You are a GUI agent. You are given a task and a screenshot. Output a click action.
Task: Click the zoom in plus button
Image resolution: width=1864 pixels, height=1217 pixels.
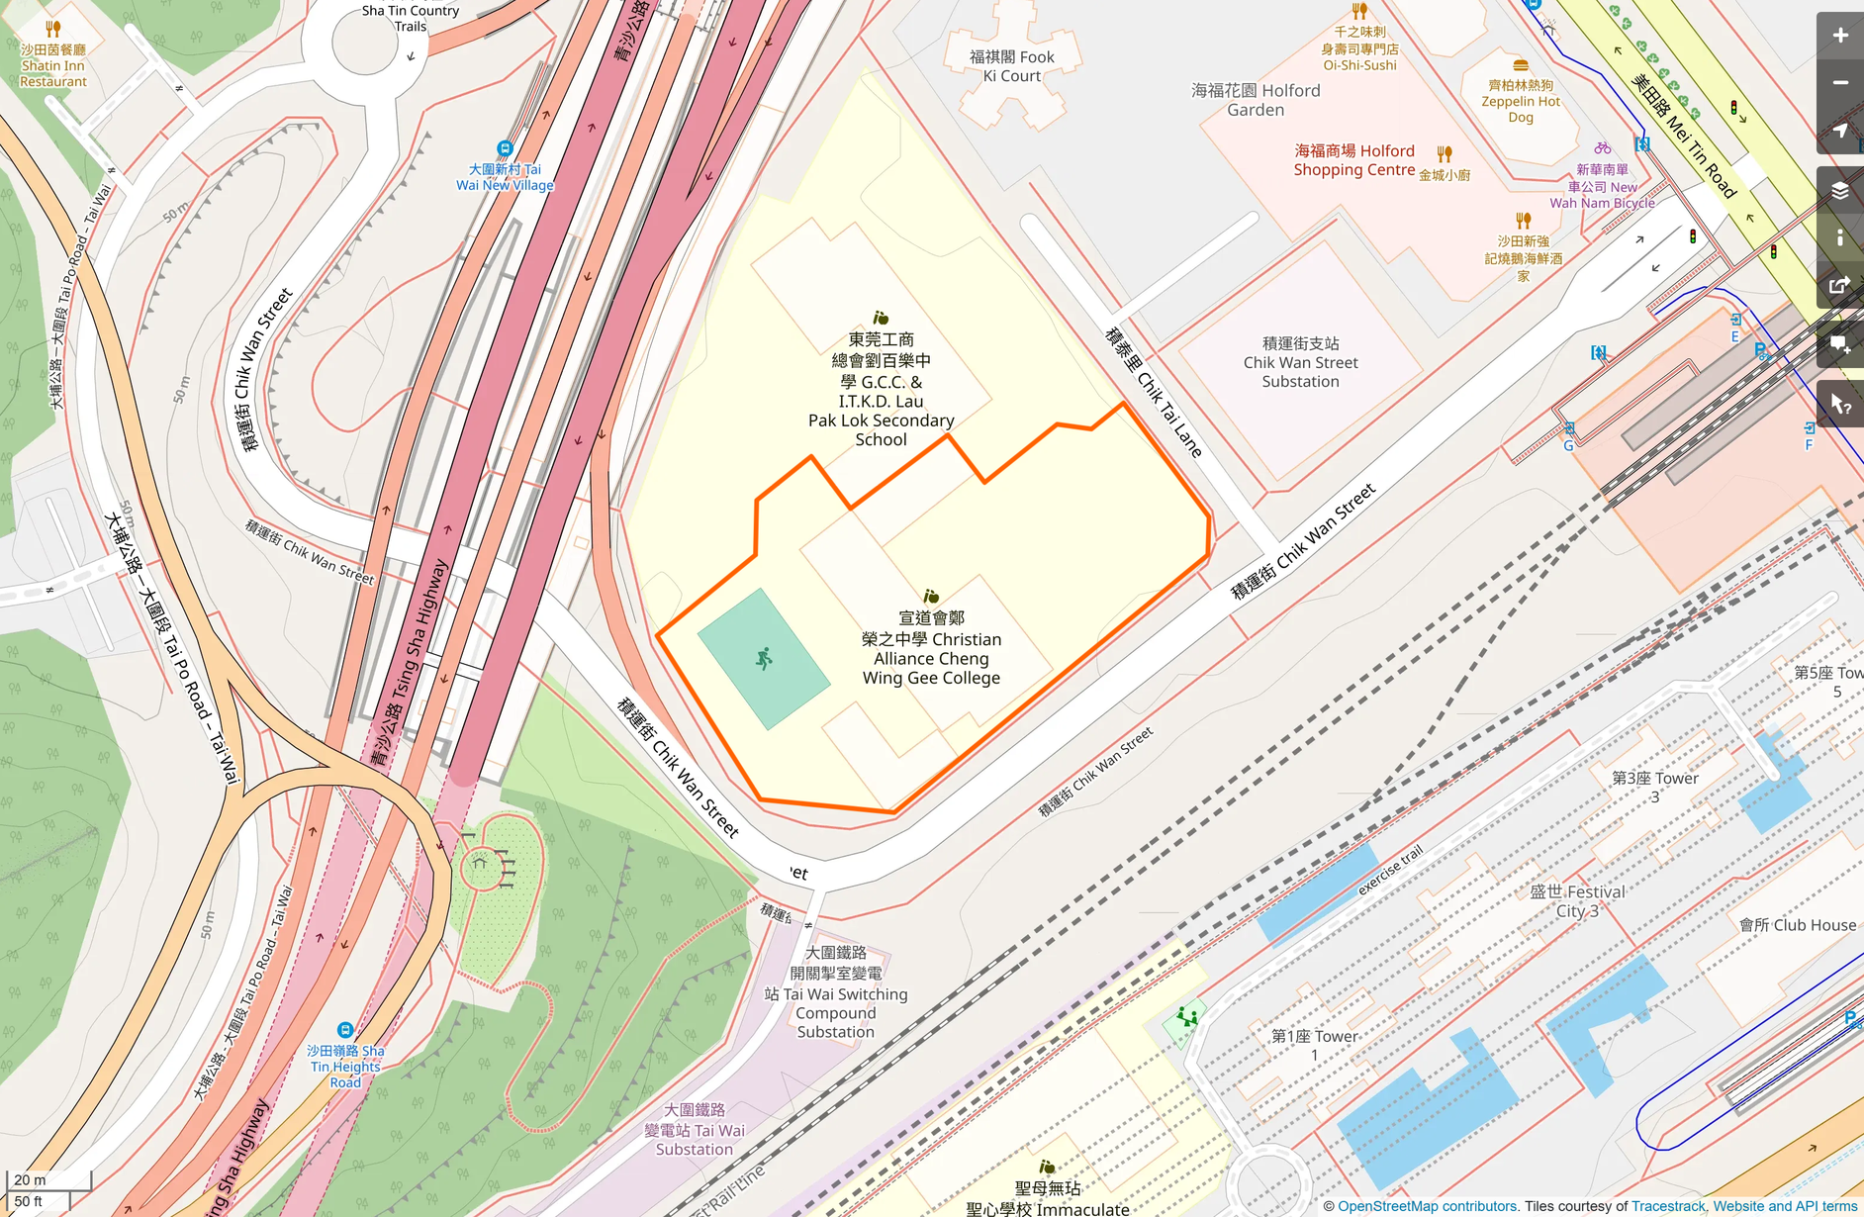1839,36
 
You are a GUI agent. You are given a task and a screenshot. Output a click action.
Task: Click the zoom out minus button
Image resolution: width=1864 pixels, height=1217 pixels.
1839,83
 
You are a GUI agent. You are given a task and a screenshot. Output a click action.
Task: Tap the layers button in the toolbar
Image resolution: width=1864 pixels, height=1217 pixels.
1839,191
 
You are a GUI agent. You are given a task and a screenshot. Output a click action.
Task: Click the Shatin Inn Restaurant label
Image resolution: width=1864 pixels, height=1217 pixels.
53,65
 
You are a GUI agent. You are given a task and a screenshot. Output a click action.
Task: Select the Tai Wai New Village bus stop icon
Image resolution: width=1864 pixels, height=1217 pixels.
505,148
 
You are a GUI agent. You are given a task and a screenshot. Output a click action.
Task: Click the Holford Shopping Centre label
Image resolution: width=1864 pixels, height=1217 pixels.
1353,160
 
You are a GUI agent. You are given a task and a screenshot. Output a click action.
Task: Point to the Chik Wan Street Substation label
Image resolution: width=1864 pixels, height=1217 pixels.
1300,362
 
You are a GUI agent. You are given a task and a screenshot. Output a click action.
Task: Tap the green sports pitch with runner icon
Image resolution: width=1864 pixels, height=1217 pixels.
763,659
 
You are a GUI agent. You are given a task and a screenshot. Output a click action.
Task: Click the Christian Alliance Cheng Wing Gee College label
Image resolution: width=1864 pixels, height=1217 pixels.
931,648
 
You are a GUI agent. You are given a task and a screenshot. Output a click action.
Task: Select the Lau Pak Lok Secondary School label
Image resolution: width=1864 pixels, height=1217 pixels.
881,390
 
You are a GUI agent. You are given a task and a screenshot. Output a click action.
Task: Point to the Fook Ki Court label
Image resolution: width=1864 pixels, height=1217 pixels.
1011,66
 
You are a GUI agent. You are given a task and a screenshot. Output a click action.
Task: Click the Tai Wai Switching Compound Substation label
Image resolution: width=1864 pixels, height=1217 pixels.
836,991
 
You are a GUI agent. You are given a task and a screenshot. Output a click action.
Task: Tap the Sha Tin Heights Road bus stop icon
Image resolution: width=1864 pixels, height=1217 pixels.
344,1030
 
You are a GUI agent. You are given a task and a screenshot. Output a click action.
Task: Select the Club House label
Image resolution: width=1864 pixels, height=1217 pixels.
1798,925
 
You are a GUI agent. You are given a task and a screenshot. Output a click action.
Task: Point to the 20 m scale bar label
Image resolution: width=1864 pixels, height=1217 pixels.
30,1179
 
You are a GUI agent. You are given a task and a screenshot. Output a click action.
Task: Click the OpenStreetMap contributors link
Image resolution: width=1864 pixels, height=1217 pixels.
1427,1206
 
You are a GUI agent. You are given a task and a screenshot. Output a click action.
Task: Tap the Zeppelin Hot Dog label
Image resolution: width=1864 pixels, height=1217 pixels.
1521,101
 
